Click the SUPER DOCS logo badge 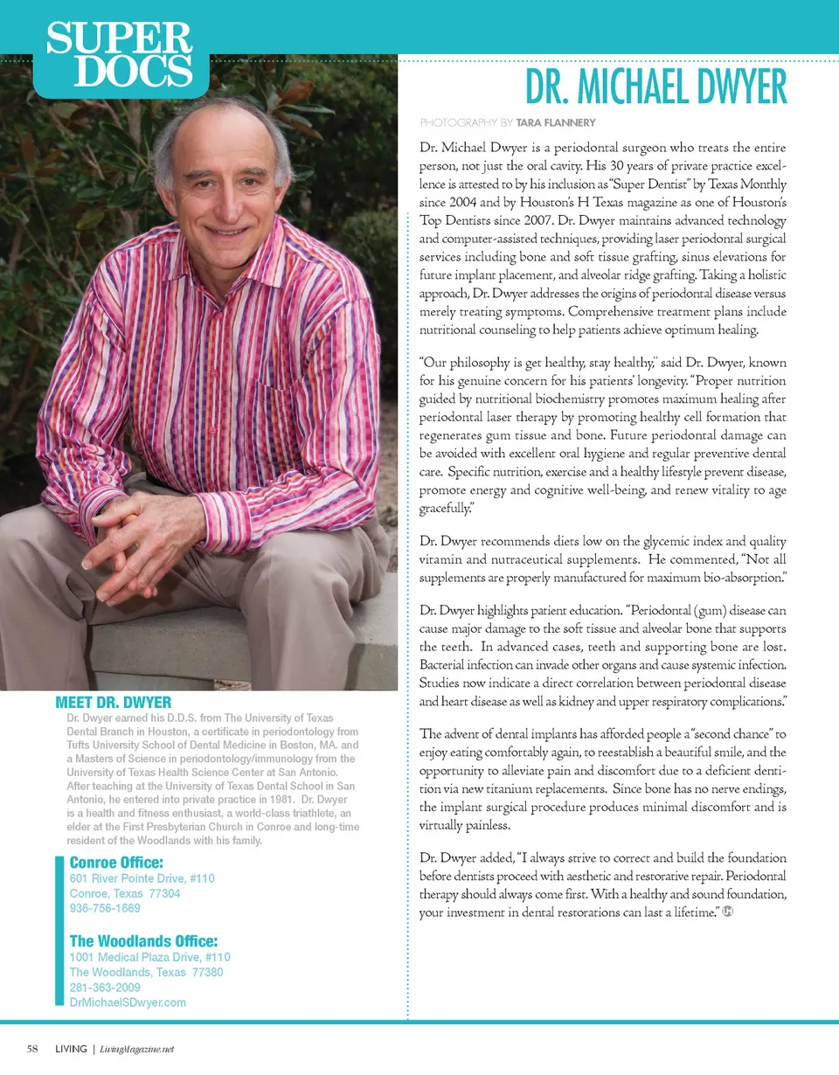(120, 55)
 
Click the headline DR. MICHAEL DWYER (655, 87)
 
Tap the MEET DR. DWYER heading (113, 702)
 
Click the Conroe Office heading (116, 863)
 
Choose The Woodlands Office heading (143, 941)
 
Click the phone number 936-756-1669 (104, 909)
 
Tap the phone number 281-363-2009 (104, 988)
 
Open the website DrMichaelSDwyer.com (128, 1002)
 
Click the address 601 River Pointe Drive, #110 (142, 878)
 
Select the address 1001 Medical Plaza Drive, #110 (149, 957)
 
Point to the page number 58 (32, 1049)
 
